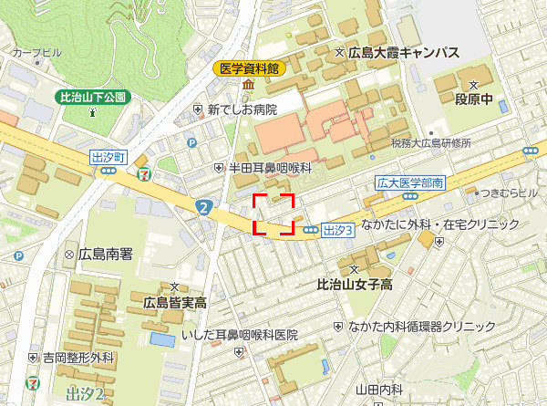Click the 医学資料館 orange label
tap(251, 68)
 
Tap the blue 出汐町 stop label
tap(108, 157)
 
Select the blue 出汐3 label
tap(337, 230)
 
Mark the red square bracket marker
tap(273, 214)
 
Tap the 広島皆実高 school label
tap(174, 302)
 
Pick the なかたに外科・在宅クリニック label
tap(440, 224)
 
